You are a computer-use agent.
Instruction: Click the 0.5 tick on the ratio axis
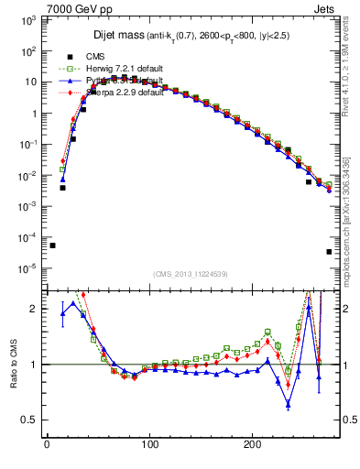click(x=30, y=420)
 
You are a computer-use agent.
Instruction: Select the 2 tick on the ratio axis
click(x=35, y=309)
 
